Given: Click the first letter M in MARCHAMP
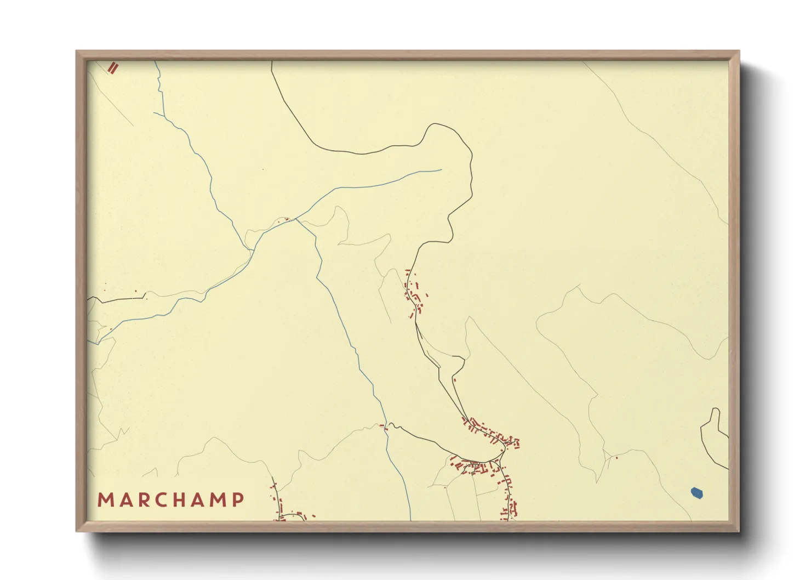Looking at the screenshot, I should [x=104, y=500].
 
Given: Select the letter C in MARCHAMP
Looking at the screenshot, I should [x=162, y=500].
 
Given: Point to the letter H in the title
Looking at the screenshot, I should [x=181, y=500].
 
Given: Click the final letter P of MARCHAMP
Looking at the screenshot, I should [x=238, y=500].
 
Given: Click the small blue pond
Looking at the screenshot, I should [x=696, y=493].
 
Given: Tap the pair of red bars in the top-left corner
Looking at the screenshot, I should [x=113, y=68].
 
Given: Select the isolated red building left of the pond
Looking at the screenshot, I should [x=616, y=458].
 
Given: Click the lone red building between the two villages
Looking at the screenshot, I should [x=454, y=379].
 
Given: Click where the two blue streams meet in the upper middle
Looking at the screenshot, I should [x=296, y=219].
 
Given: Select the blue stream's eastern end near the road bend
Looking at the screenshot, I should [x=441, y=169].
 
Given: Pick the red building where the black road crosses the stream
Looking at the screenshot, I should [x=386, y=428].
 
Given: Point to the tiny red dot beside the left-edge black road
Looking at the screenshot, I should [x=136, y=291].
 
